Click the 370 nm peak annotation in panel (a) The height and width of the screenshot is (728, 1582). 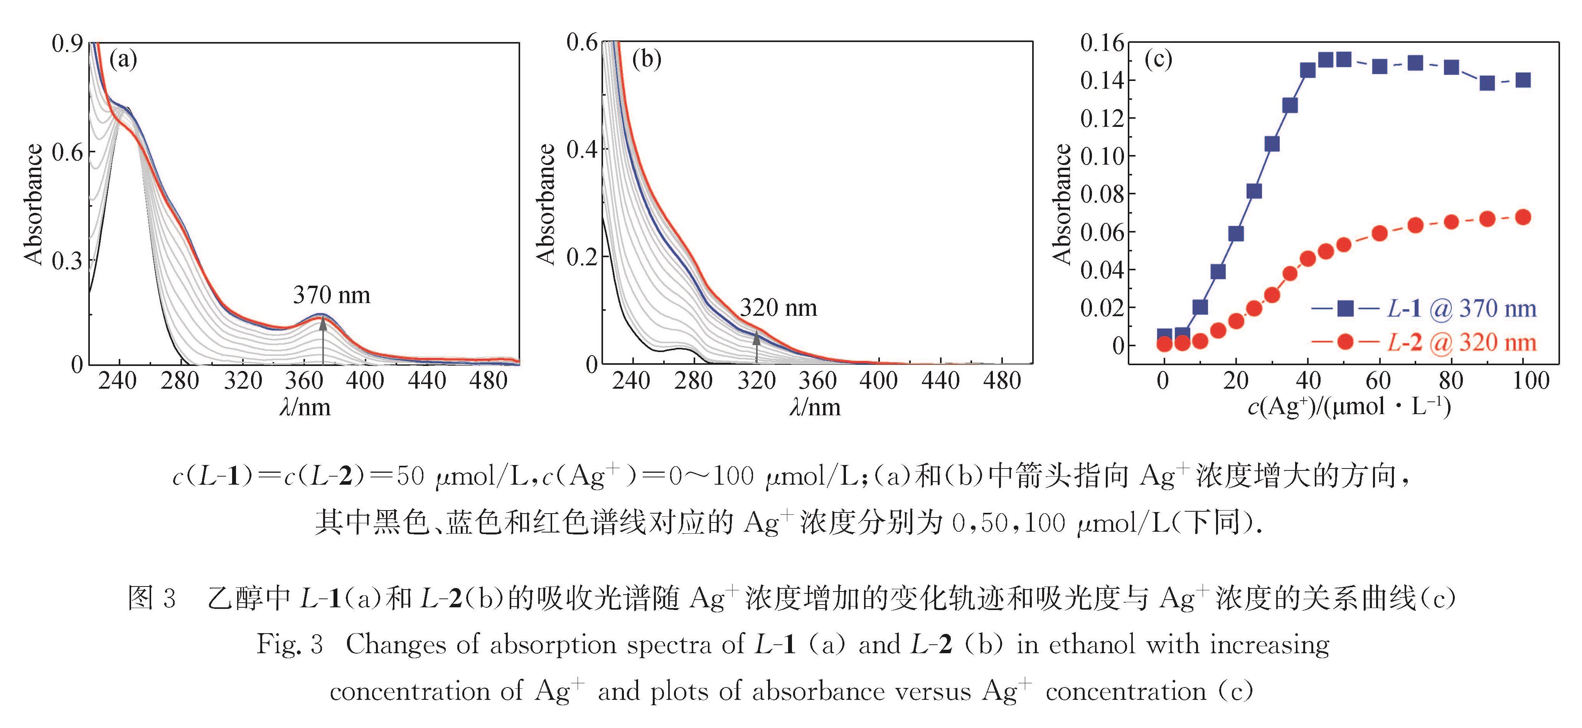[332, 295]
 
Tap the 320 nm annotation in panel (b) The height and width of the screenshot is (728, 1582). [778, 308]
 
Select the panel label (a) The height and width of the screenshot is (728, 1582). [123, 60]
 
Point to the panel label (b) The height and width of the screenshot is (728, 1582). [647, 60]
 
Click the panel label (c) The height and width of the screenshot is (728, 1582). [1158, 60]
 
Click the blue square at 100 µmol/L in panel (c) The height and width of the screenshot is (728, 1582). [1523, 80]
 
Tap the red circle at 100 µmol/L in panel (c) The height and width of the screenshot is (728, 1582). [1523, 217]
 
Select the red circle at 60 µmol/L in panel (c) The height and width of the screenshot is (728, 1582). [1379, 233]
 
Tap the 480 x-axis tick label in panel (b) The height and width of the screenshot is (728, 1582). [1002, 381]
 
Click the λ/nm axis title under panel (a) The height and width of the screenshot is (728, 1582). [305, 407]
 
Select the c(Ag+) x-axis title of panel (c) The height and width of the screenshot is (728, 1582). [1349, 407]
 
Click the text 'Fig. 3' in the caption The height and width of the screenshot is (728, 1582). [289, 644]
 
